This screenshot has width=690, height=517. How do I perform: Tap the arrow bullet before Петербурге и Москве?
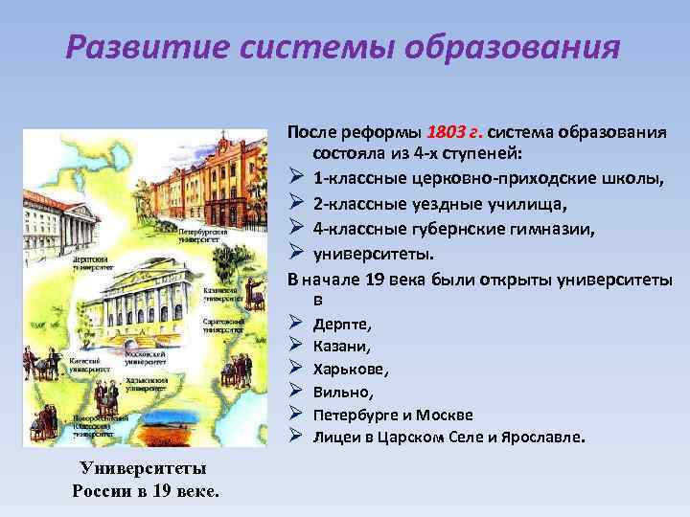[295, 415]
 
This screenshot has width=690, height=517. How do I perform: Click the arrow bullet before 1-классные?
[295, 178]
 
